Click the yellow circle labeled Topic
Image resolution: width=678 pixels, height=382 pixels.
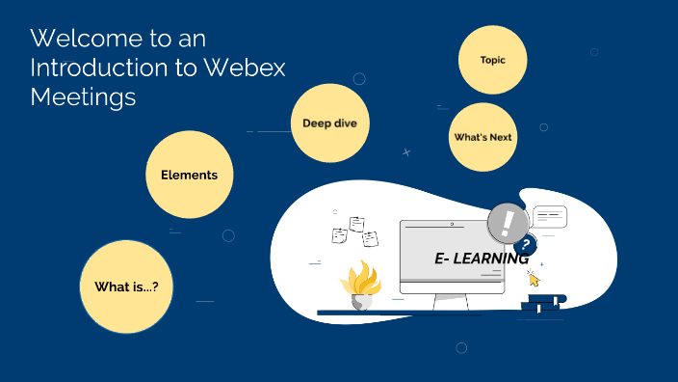pos(492,60)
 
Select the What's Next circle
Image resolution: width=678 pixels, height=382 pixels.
pos(482,137)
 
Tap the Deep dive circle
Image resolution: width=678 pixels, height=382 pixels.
pos(329,123)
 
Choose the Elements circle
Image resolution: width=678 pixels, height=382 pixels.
pos(189,175)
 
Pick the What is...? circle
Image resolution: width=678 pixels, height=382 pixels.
pos(125,286)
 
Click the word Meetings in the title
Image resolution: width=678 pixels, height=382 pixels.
pos(83,96)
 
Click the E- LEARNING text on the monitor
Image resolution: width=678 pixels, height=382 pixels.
pos(481,259)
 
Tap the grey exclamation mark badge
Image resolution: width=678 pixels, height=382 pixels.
pos(508,224)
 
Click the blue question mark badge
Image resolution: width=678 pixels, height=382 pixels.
pos(526,244)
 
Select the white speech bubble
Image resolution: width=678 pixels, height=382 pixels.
pos(550,216)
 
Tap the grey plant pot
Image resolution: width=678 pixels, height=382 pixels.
pos(362,301)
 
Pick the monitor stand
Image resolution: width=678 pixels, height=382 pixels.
pos(450,302)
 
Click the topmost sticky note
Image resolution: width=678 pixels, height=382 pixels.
pos(357,223)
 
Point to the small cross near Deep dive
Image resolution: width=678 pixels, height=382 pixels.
pos(406,151)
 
